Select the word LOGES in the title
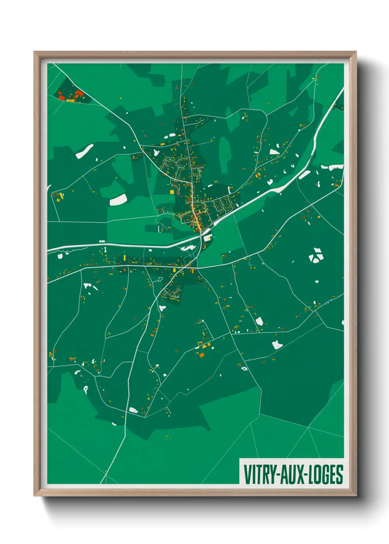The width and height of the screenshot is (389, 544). tap(325, 475)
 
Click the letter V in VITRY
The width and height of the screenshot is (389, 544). tap(247, 475)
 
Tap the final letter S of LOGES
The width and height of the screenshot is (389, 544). tap(340, 475)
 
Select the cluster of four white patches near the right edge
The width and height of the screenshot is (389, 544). tap(315, 255)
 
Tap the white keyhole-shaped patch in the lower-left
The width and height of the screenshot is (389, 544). tap(86, 389)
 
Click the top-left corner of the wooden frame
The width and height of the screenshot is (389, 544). tap(35, 52)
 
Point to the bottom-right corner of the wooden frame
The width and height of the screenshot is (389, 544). tap(356, 495)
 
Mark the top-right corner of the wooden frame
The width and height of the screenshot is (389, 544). tap(356, 52)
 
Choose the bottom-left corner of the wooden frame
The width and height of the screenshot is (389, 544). tap(35, 495)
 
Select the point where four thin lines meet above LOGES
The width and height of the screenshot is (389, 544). tap(308, 428)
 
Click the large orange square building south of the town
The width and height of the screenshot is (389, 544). tap(201, 355)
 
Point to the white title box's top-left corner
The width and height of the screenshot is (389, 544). tap(240, 458)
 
